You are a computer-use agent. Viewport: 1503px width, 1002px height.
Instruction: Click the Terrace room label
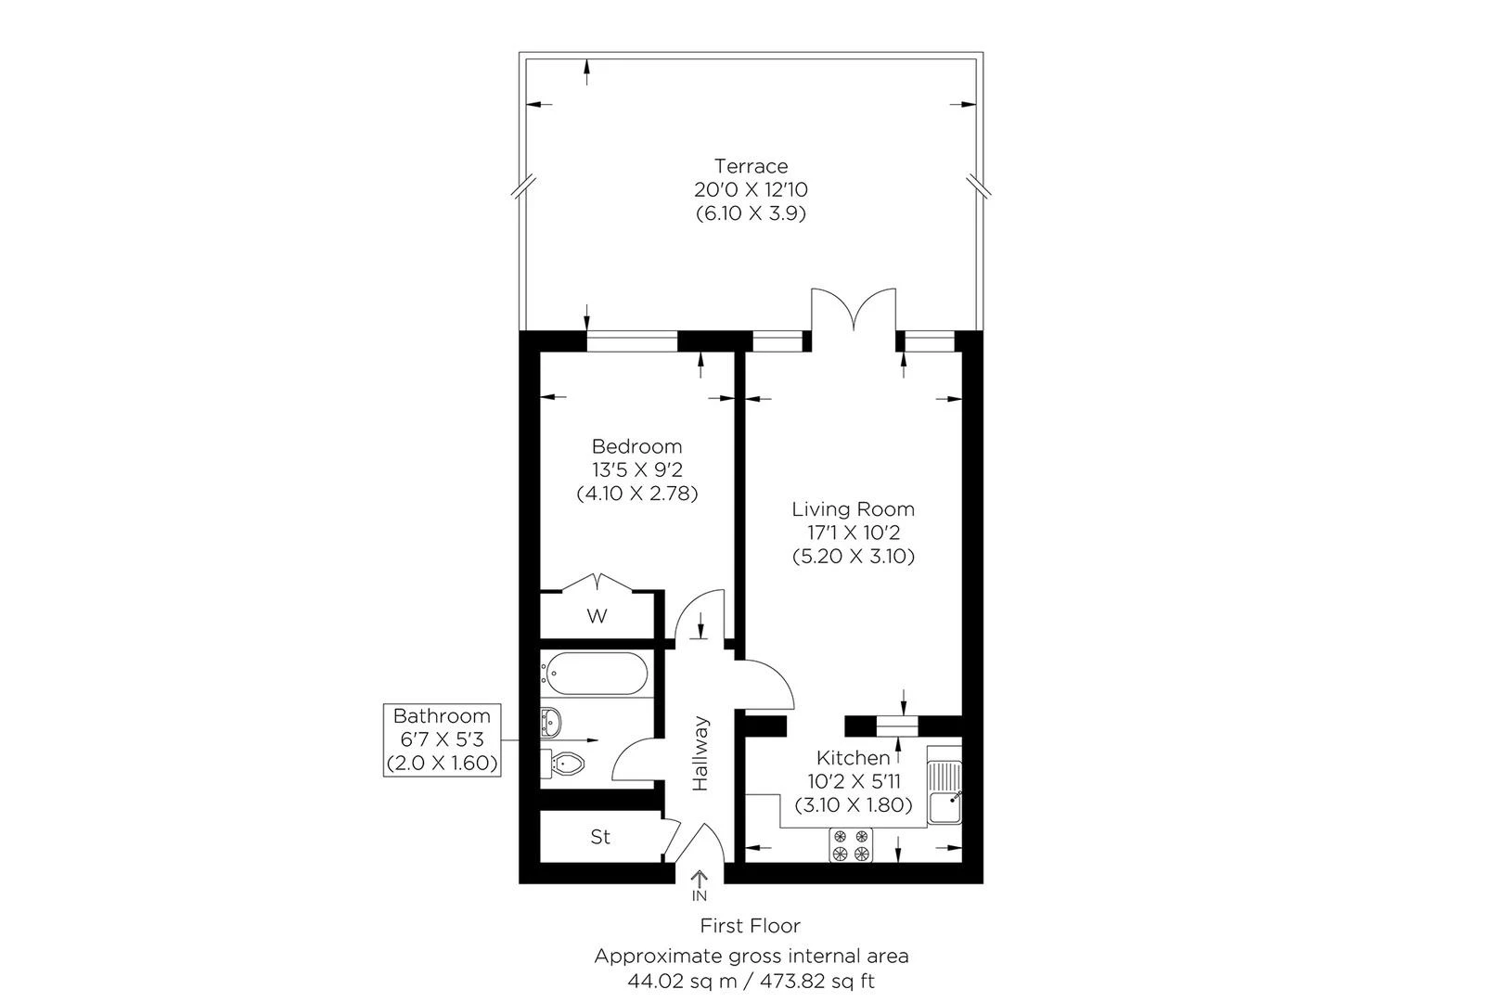point(751,166)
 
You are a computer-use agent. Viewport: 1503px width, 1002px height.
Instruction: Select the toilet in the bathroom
point(564,764)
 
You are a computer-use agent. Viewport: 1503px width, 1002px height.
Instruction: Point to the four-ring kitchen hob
point(852,844)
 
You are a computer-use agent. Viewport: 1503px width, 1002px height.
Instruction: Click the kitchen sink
point(945,794)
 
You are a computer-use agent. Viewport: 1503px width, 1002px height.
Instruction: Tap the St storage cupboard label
point(600,837)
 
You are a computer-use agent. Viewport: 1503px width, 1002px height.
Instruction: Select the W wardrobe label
point(597,616)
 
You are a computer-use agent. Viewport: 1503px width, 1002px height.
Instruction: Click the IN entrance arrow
point(700,885)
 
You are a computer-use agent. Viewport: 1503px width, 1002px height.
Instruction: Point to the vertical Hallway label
point(700,752)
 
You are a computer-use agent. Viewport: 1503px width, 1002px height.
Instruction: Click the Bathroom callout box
point(443,739)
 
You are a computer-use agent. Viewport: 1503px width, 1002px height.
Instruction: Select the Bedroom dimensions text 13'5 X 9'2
point(636,469)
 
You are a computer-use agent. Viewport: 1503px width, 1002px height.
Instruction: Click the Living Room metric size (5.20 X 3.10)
point(854,557)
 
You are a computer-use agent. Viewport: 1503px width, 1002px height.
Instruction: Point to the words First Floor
point(750,925)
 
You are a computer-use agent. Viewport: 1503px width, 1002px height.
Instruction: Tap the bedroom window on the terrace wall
point(633,342)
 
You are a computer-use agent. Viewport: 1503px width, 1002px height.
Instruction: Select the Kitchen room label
point(853,758)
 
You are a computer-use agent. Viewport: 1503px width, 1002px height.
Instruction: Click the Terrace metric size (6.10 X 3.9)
point(751,212)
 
